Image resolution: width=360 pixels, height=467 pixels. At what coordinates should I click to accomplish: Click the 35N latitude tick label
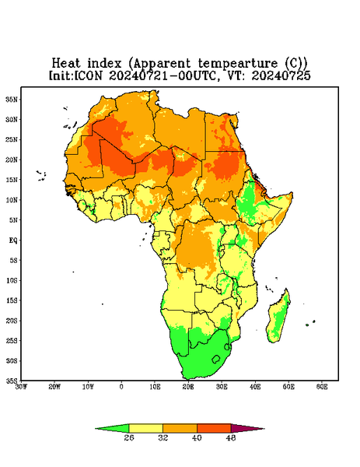pyautogui.click(x=12, y=99)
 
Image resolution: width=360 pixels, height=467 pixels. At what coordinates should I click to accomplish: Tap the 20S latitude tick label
pyautogui.click(x=12, y=321)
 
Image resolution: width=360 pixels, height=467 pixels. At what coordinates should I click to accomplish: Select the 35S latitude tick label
pyautogui.click(x=12, y=381)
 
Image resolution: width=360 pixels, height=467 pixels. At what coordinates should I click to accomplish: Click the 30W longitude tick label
pyautogui.click(x=21, y=387)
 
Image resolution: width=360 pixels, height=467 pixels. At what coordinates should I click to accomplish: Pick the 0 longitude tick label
pyautogui.click(x=121, y=387)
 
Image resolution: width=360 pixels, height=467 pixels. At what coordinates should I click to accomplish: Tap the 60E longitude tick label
pyautogui.click(x=322, y=387)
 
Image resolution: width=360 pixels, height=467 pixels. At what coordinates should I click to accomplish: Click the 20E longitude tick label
pyautogui.click(x=188, y=387)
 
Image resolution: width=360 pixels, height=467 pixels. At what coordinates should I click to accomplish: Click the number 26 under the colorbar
pyautogui.click(x=129, y=437)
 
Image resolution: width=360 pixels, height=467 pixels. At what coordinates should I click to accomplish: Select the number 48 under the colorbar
pyautogui.click(x=231, y=437)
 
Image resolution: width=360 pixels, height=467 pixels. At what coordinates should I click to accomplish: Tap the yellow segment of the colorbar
pyautogui.click(x=145, y=428)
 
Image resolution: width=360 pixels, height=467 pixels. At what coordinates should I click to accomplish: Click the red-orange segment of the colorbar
pyautogui.click(x=214, y=428)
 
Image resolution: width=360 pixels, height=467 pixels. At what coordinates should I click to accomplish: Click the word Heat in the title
pyautogui.click(x=66, y=64)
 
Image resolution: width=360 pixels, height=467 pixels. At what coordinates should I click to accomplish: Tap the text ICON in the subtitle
pyautogui.click(x=89, y=75)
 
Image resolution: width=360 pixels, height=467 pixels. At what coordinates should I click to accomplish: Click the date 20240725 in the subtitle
pyautogui.click(x=281, y=75)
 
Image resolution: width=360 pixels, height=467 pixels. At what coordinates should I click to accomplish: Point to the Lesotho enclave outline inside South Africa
pyautogui.click(x=216, y=359)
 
